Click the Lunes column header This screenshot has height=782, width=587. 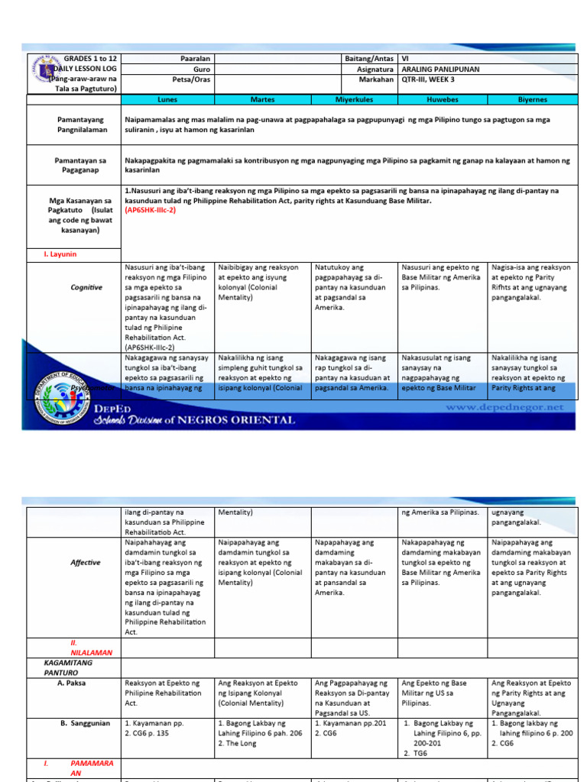coord(167,99)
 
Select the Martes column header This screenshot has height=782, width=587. coord(262,99)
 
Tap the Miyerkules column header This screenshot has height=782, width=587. coord(355,99)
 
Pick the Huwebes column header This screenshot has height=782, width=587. coord(443,99)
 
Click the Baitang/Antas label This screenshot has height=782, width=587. coord(369,58)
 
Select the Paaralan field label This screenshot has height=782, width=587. coord(195,58)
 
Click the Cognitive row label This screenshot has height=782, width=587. coord(86,287)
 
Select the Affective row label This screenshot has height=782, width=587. coord(86,562)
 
